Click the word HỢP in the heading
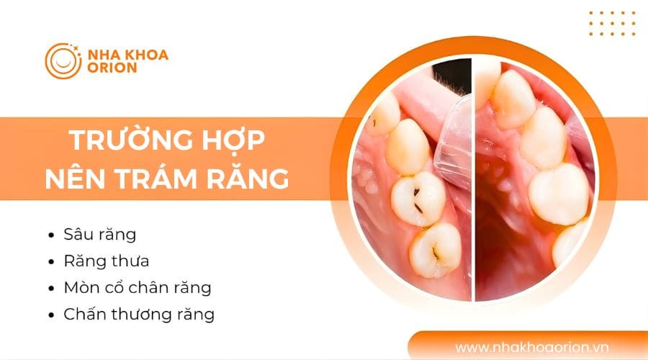point(231,139)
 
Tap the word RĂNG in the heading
point(256,176)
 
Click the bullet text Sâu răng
point(99,235)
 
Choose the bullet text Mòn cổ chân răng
point(137,287)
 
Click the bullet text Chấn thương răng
point(138,314)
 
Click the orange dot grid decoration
point(611,24)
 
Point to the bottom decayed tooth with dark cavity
point(435,248)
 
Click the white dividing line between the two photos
point(473,180)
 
